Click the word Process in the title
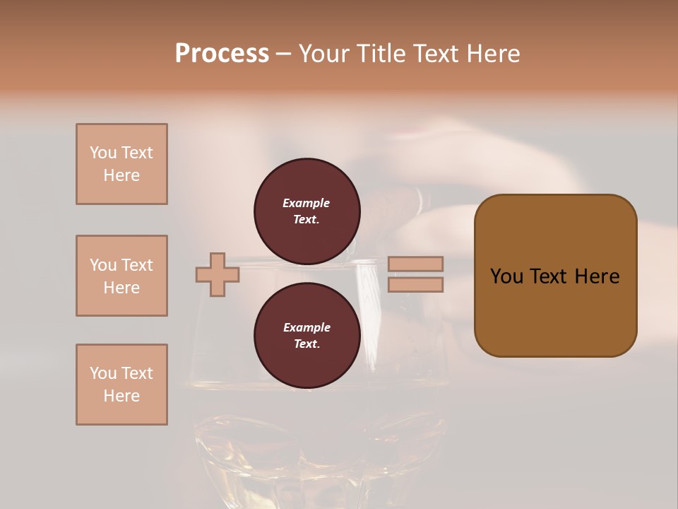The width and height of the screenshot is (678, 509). point(222,54)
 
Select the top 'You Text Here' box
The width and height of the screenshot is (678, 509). point(121,164)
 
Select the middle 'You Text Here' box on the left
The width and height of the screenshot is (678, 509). point(121,276)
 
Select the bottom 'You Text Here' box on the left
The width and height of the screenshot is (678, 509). point(121,385)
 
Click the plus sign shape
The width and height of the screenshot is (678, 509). point(218,274)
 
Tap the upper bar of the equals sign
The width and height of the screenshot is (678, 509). point(415,264)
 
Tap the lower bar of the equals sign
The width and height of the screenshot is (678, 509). point(415,285)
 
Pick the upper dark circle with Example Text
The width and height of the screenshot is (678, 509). point(307,211)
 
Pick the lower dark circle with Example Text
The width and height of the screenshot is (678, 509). point(307,335)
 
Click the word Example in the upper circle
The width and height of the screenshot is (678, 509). point(307,203)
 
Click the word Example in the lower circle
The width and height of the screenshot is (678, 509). point(307,327)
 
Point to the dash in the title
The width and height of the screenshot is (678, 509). point(284,54)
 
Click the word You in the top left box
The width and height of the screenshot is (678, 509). point(102,153)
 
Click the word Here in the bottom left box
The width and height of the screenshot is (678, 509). point(121,396)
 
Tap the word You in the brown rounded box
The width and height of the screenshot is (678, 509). point(507,276)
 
